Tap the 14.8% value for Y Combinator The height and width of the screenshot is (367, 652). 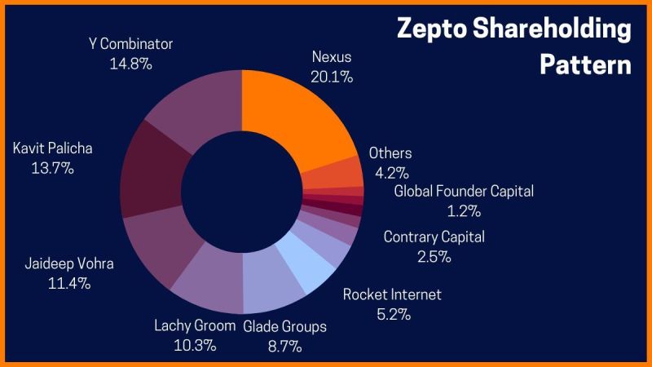130,63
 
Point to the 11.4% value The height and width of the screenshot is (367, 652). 69,284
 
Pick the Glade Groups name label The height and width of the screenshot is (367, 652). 285,326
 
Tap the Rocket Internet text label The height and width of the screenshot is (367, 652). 392,294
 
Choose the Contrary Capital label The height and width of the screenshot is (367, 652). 434,237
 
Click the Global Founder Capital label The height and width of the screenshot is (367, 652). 464,192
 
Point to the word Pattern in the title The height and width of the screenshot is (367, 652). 585,64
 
